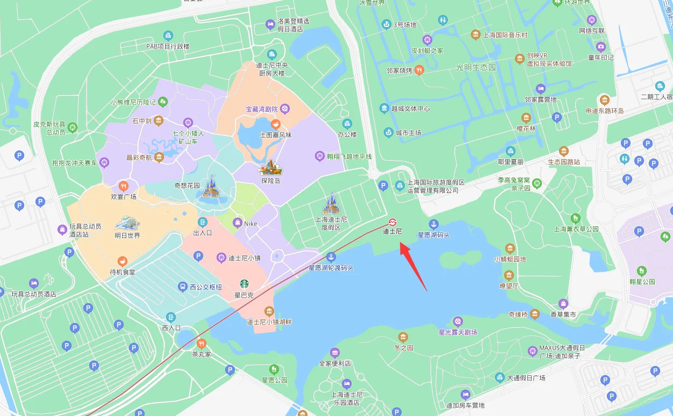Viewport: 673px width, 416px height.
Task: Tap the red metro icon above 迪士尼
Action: click(x=392, y=223)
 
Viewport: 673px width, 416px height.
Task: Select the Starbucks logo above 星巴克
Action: click(x=244, y=284)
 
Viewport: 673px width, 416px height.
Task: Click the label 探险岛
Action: click(x=271, y=181)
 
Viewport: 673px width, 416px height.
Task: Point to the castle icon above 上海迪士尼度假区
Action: click(x=331, y=205)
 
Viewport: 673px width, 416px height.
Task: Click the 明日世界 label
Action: click(x=127, y=235)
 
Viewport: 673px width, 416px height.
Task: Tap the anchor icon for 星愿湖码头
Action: click(x=433, y=224)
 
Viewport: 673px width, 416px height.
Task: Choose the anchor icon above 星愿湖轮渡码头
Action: click(x=331, y=256)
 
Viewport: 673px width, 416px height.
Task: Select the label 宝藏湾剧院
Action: click(x=261, y=109)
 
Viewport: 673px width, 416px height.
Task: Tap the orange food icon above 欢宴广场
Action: click(x=124, y=186)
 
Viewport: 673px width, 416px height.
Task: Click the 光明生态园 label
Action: click(x=476, y=67)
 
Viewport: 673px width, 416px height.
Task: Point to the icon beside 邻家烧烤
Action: click(x=419, y=70)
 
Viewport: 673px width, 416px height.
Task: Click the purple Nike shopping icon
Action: click(x=237, y=223)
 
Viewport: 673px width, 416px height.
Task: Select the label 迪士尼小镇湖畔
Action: click(x=269, y=322)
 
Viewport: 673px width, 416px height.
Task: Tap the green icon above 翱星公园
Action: click(x=641, y=271)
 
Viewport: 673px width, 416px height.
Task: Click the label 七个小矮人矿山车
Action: click(x=188, y=137)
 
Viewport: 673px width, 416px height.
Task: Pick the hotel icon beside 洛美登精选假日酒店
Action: click(x=270, y=25)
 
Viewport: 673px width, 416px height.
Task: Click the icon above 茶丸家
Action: click(x=202, y=343)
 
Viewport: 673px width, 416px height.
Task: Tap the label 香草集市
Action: click(x=563, y=314)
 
